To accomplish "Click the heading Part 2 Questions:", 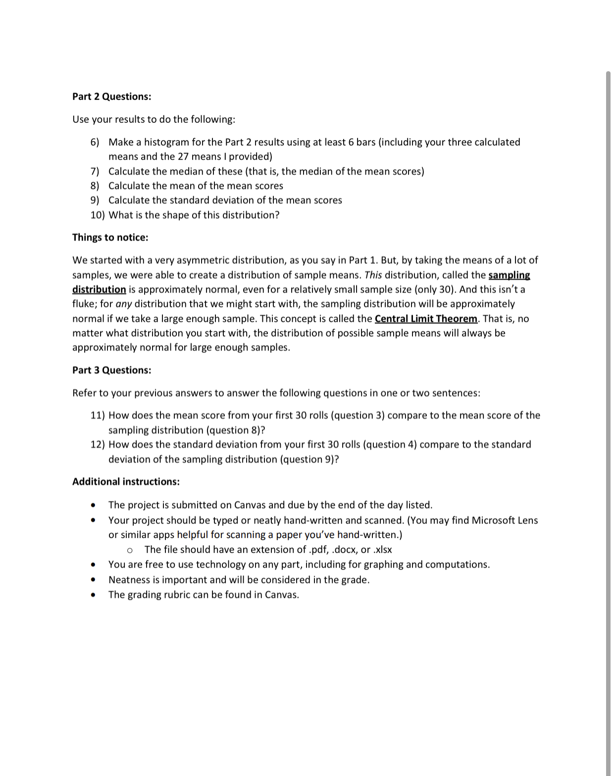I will [x=111, y=97].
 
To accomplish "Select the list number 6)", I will [x=95, y=143].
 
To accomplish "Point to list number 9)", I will [x=95, y=200].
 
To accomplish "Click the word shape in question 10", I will [x=188, y=215].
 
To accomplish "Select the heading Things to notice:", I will [x=110, y=238].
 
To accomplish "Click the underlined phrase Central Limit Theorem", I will [x=426, y=319].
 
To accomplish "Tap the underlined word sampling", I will [x=509, y=275].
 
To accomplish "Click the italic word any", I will [x=123, y=304].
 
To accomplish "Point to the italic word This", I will [x=373, y=275].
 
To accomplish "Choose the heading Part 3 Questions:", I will [x=111, y=370].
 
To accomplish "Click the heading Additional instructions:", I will [x=126, y=482].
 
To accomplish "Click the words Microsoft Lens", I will [x=505, y=521].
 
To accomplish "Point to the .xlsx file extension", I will [x=382, y=550].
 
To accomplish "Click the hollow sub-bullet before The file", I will [x=130, y=550].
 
